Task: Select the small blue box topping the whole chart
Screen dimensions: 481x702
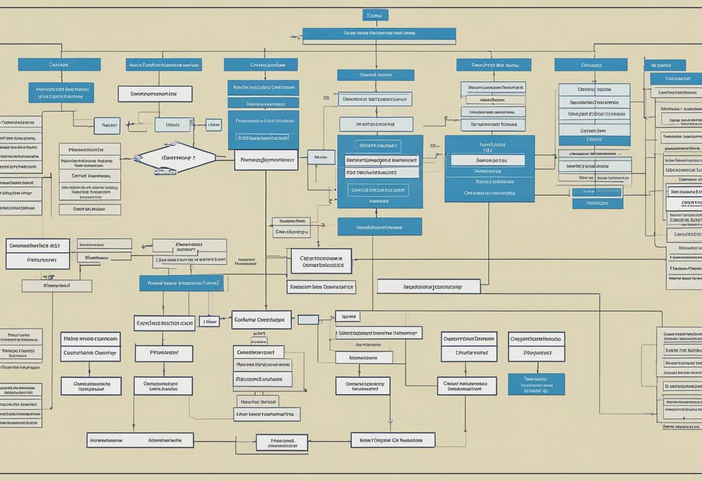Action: point(375,15)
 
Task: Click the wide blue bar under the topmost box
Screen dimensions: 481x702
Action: point(379,36)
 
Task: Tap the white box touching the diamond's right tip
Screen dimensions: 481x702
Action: point(266,160)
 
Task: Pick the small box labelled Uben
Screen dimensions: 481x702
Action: point(173,125)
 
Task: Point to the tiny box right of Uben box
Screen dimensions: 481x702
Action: point(213,125)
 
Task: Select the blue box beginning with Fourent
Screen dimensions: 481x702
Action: point(181,283)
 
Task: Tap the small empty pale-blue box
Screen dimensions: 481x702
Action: point(308,319)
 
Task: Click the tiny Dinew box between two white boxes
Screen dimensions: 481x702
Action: point(208,321)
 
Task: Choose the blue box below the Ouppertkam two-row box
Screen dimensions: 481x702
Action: point(536,384)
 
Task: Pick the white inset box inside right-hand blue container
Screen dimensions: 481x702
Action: point(488,160)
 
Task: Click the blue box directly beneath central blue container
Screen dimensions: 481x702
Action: point(379,227)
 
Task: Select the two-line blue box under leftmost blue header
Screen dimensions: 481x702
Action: point(61,92)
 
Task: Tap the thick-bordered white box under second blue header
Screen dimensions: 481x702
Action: point(155,94)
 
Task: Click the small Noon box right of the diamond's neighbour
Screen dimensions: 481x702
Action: point(321,157)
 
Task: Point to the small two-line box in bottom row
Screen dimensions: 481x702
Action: point(282,442)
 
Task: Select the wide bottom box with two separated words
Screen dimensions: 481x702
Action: point(140,441)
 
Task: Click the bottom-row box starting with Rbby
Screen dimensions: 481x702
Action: point(393,440)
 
